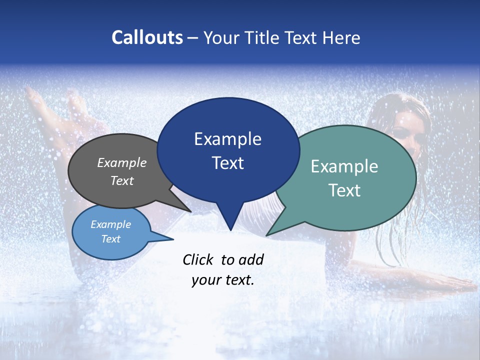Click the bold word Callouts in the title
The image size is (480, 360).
(x=147, y=38)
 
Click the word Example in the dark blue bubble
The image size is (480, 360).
(x=227, y=139)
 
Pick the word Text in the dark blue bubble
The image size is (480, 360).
(x=227, y=163)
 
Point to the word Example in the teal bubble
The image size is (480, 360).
(x=344, y=166)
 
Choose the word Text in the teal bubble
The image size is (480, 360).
(x=344, y=190)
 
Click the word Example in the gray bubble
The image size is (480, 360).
(x=122, y=162)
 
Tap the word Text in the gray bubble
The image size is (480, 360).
(x=122, y=180)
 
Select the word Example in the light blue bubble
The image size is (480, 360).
(x=111, y=224)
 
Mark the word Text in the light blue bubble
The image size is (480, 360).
(x=111, y=239)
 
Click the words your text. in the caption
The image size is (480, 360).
(x=223, y=280)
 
